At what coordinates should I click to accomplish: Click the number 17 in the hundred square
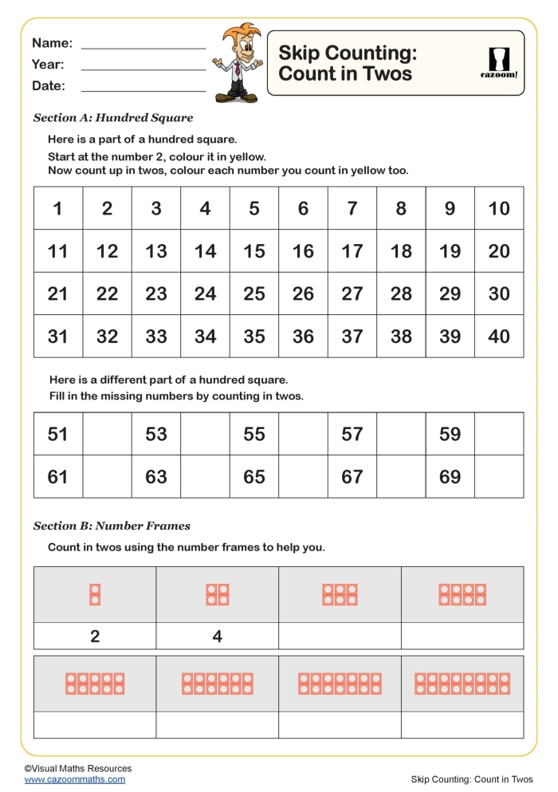[x=352, y=251]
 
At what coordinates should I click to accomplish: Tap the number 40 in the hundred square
[x=499, y=337]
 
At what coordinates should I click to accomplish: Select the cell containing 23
[x=156, y=294]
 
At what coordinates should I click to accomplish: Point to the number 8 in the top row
[x=401, y=209]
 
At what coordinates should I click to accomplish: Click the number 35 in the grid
[x=254, y=337]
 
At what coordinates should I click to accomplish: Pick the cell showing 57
[x=352, y=434]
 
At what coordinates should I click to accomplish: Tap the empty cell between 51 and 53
[x=107, y=434]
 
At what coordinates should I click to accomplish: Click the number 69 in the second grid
[x=450, y=477]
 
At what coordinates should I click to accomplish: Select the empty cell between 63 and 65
[x=205, y=477]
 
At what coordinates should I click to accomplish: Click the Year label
[x=48, y=65]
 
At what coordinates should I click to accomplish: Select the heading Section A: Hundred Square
[x=113, y=118]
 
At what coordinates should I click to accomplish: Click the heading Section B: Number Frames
[x=112, y=526]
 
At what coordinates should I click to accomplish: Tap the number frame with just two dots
[x=95, y=594]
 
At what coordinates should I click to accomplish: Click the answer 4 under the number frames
[x=217, y=636]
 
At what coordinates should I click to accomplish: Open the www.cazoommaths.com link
[x=74, y=779]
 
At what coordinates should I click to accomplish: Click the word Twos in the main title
[x=385, y=74]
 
